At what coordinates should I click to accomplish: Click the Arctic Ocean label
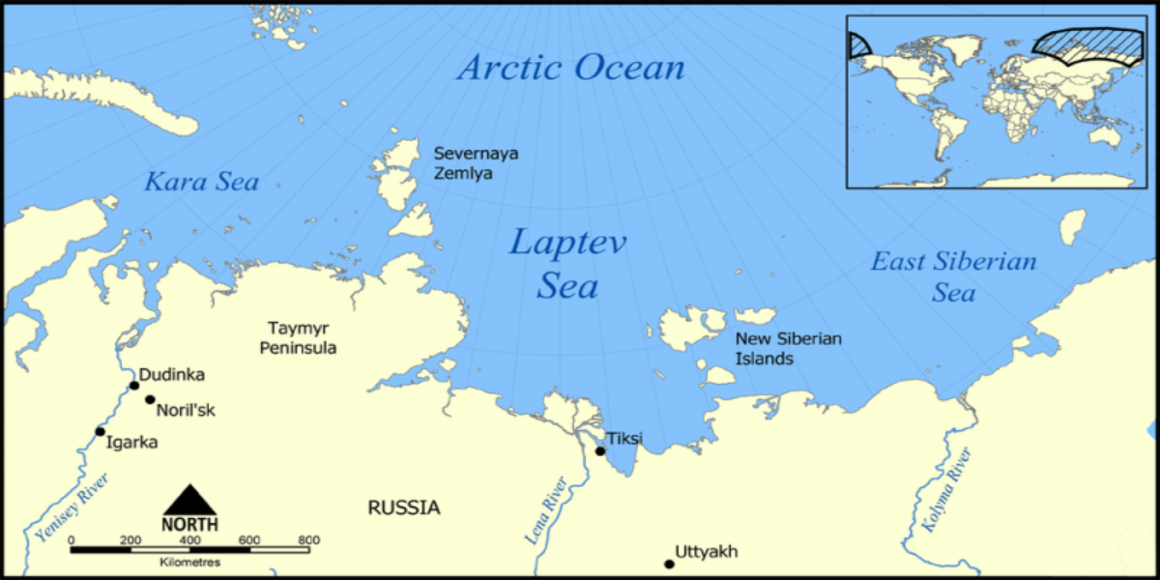click(570, 69)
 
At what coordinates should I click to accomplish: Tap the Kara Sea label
click(202, 181)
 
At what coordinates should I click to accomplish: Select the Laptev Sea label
click(567, 263)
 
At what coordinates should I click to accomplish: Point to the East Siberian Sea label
click(953, 275)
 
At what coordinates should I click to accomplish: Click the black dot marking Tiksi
click(600, 450)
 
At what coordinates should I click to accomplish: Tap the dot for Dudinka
click(134, 386)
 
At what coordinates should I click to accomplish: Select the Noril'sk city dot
click(150, 399)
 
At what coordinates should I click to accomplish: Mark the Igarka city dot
click(100, 431)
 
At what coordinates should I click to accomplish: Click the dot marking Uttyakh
click(668, 564)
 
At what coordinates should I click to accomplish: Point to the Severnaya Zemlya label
click(463, 163)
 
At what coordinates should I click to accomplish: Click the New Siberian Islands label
click(788, 348)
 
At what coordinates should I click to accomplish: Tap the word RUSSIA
click(403, 507)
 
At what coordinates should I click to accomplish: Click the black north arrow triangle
click(190, 500)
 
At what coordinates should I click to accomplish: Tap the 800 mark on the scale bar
click(309, 539)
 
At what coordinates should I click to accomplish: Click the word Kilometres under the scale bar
click(189, 562)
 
